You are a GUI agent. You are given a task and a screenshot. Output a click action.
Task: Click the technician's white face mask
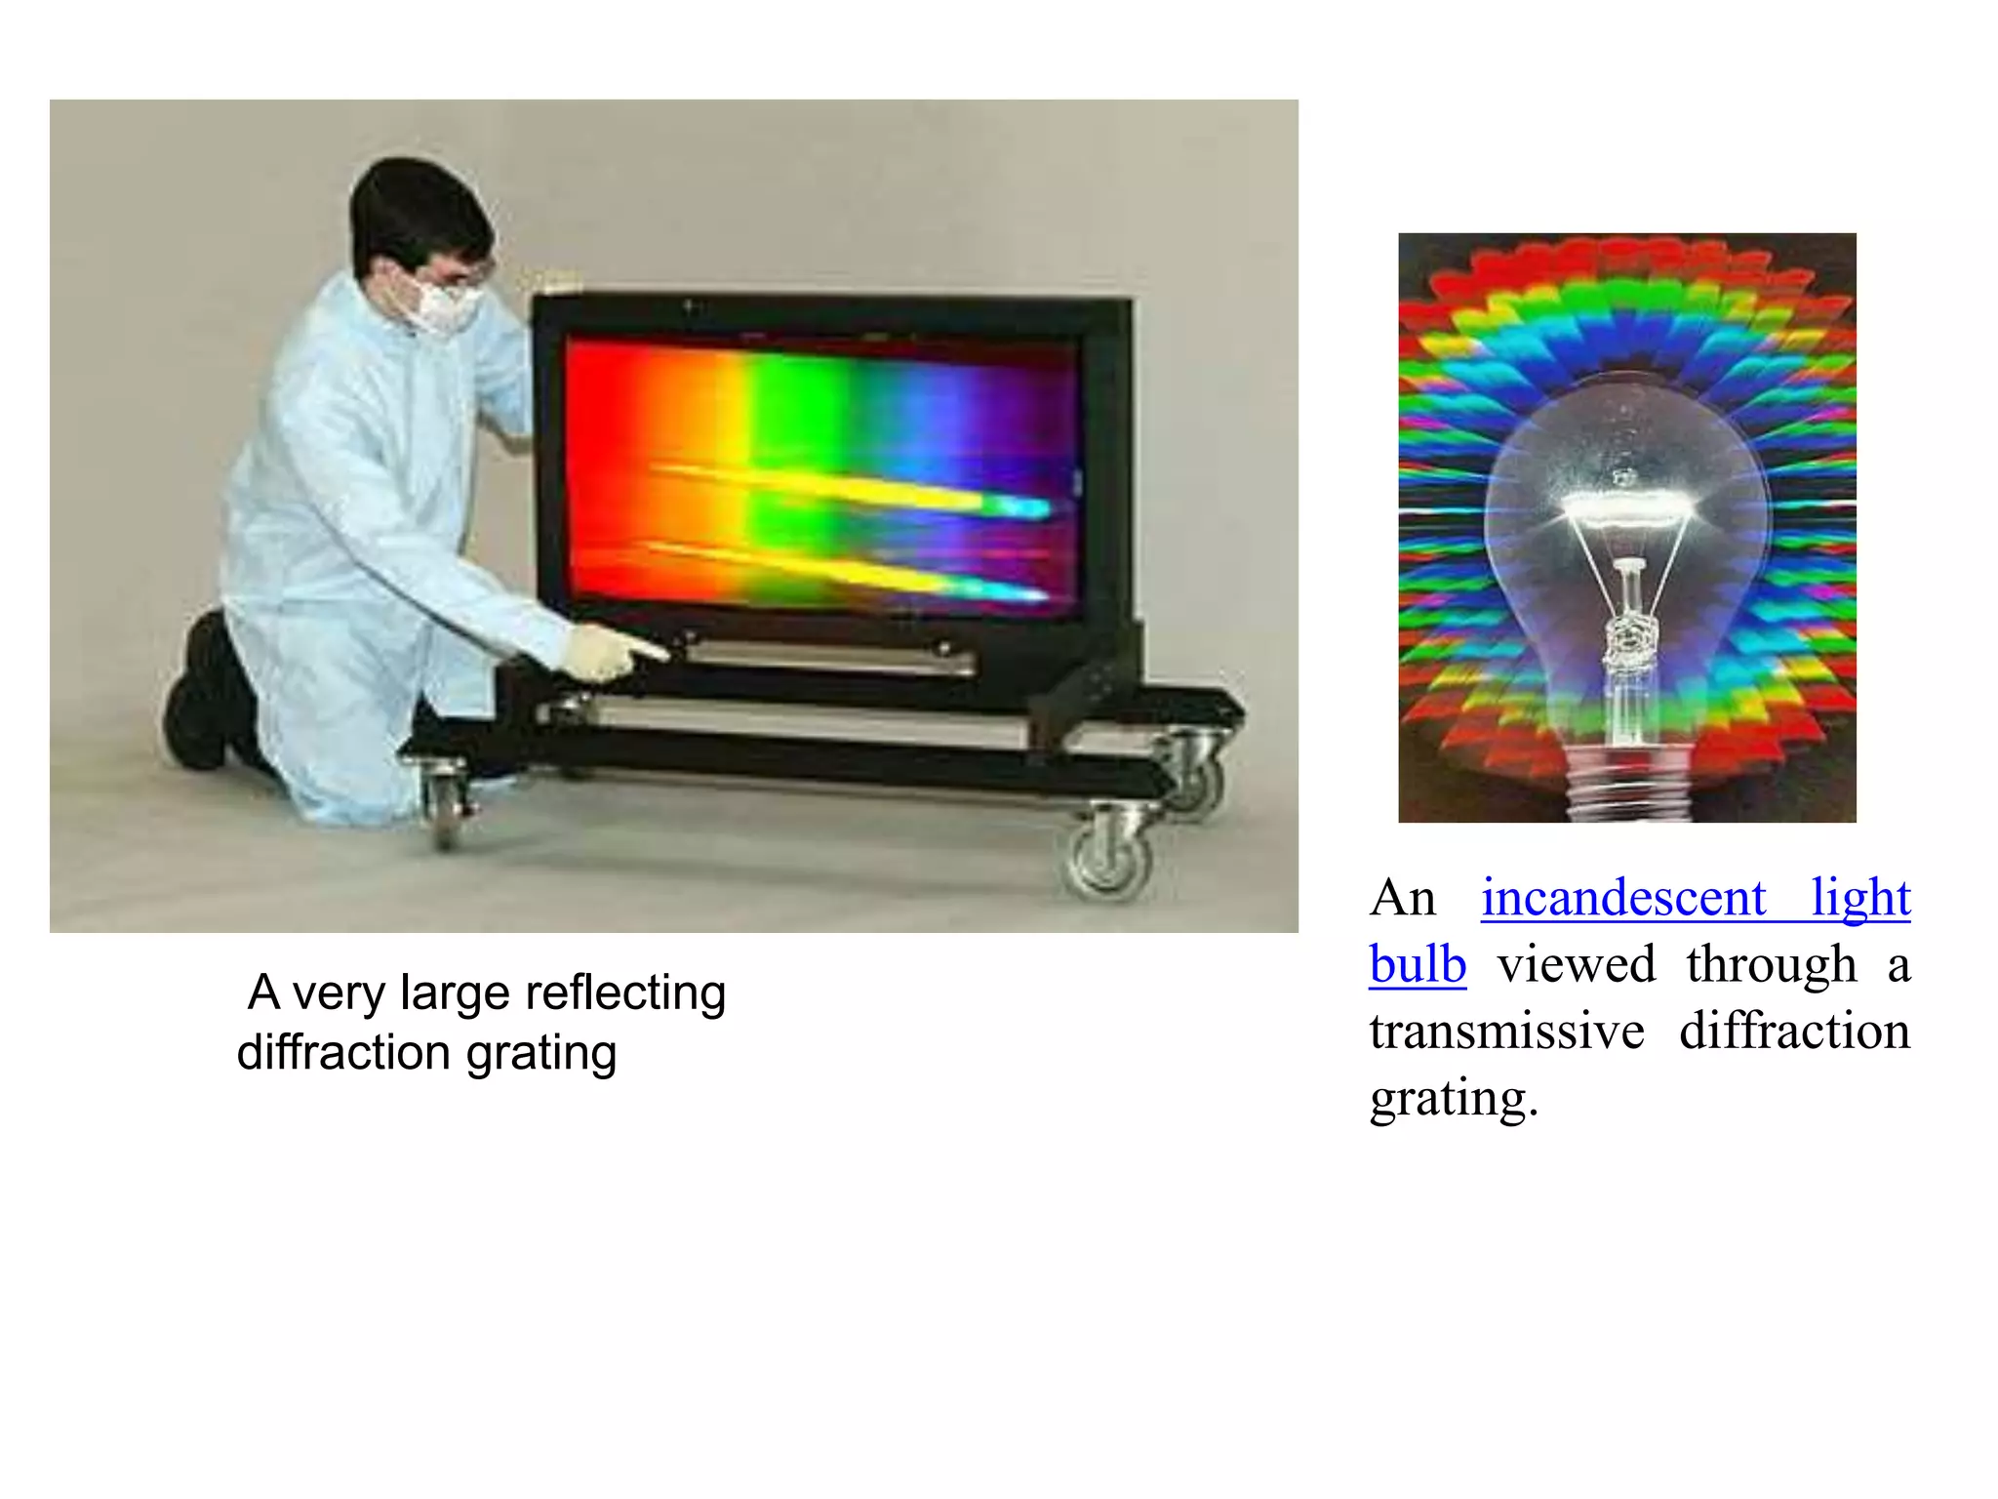pyautogui.click(x=444, y=304)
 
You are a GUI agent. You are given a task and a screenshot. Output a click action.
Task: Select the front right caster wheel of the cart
pyautogui.click(x=1109, y=859)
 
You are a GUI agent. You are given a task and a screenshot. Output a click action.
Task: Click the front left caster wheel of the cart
pyautogui.click(x=446, y=805)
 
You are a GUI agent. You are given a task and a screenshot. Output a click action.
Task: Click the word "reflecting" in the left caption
pyautogui.click(x=625, y=993)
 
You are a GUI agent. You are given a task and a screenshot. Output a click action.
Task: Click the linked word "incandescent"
pyautogui.click(x=1623, y=898)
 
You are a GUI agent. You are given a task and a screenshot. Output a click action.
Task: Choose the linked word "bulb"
pyautogui.click(x=1417, y=964)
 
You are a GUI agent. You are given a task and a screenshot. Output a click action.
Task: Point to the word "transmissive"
pyautogui.click(x=1506, y=1032)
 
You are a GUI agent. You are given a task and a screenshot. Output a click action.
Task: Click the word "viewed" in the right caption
pyautogui.click(x=1577, y=964)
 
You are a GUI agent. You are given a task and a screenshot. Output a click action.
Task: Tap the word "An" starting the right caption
pyautogui.click(x=1403, y=898)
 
